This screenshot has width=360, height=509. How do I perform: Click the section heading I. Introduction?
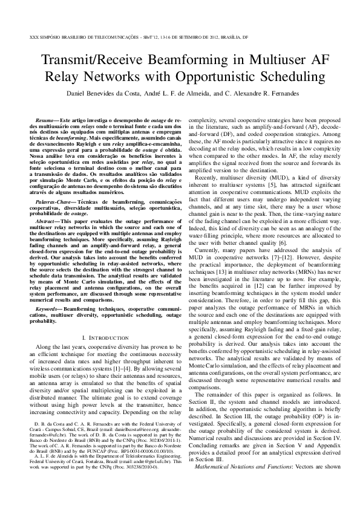(x=103, y=336)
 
